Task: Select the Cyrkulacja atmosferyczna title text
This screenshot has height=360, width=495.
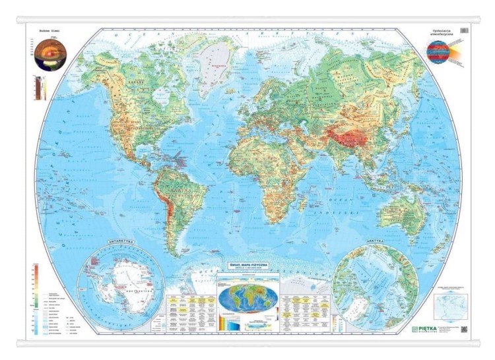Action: (441, 32)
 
